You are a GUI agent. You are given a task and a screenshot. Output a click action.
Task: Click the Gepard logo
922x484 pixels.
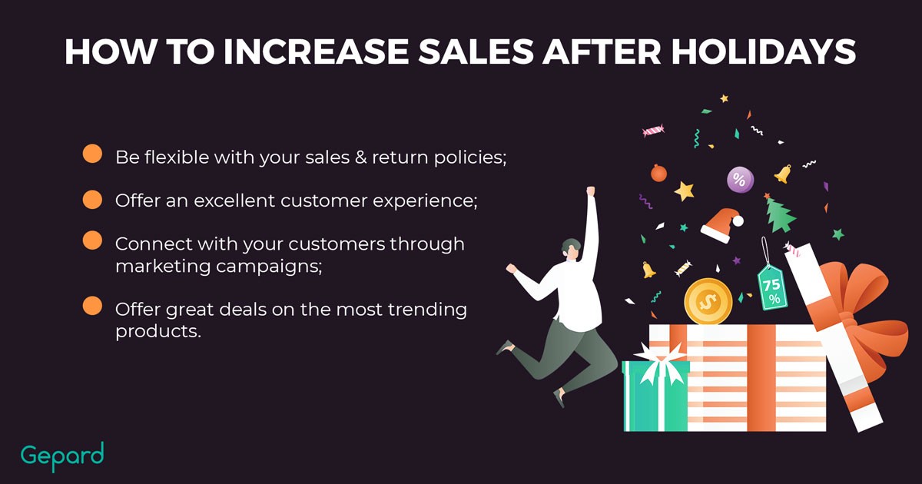(x=62, y=456)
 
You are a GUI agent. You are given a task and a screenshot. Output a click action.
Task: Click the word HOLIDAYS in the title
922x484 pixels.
(x=764, y=52)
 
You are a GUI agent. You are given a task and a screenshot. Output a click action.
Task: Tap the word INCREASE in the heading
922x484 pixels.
(x=316, y=52)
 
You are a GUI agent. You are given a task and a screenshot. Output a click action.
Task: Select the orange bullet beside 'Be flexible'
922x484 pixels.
(x=92, y=154)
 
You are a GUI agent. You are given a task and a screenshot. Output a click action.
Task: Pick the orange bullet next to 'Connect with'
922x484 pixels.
(x=92, y=240)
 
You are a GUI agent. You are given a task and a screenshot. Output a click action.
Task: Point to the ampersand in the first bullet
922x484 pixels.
(x=360, y=157)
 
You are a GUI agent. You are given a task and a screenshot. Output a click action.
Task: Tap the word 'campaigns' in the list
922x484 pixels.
(x=269, y=267)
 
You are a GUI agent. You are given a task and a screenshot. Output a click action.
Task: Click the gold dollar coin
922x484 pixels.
(x=708, y=302)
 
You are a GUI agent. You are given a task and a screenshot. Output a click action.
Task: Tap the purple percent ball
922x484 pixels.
(x=740, y=180)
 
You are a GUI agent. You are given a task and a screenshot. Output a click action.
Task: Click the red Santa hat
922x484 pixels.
(x=721, y=225)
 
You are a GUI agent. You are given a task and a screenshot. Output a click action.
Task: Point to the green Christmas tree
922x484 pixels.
(x=780, y=214)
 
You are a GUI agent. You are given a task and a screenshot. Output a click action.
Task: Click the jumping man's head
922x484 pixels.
(x=572, y=248)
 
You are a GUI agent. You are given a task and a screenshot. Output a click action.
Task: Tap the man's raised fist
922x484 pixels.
(x=591, y=191)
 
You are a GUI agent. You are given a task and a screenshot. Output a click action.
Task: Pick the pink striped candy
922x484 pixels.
(x=653, y=131)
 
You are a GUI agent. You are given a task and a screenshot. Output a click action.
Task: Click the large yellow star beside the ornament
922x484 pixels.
(x=684, y=191)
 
